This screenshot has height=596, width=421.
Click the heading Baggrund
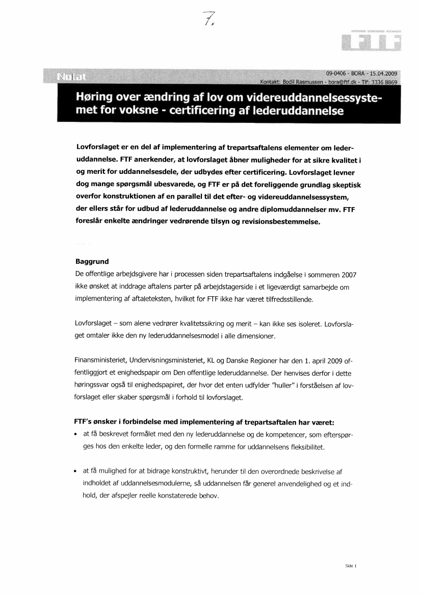pyautogui.click(x=92, y=261)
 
